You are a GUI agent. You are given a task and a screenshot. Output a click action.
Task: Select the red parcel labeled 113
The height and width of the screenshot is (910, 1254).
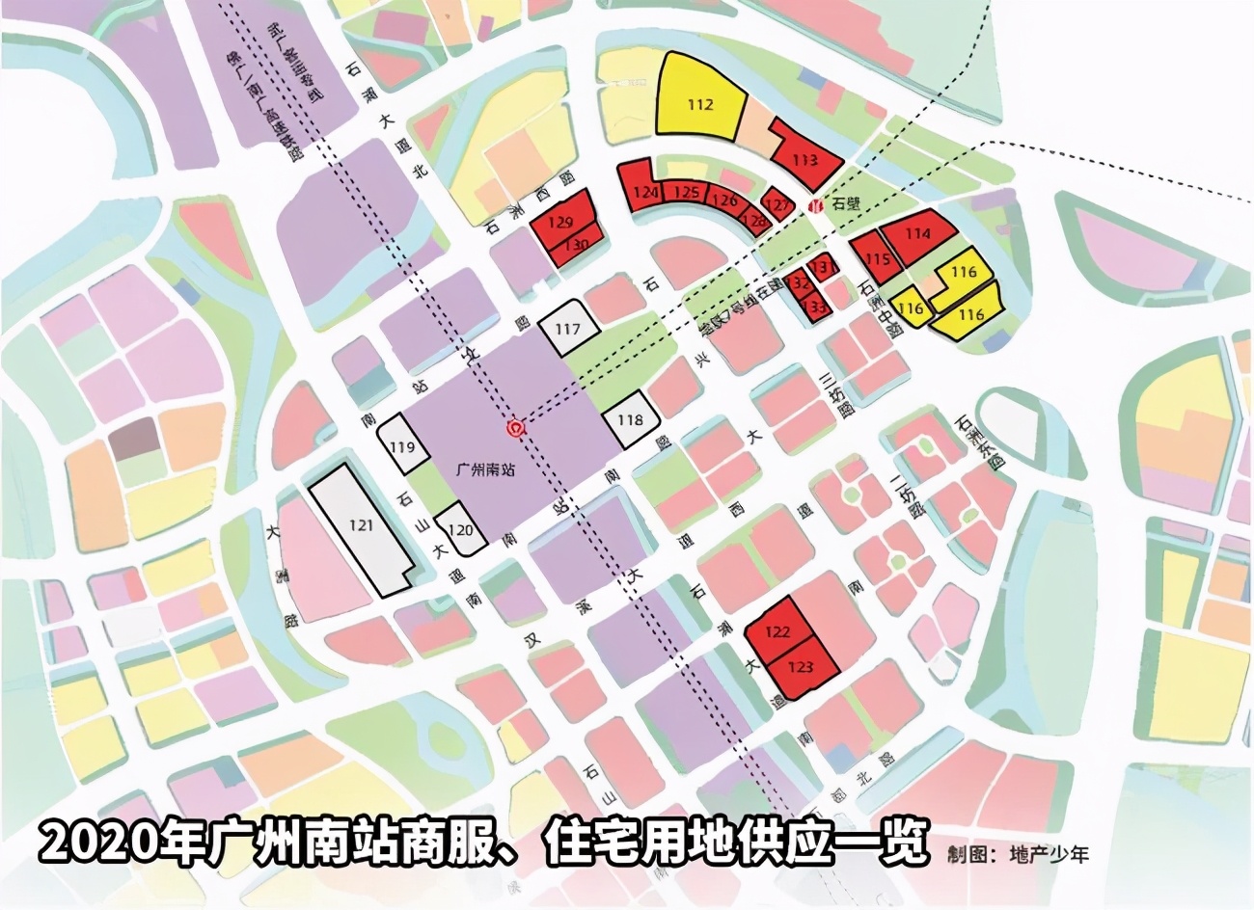[805, 156]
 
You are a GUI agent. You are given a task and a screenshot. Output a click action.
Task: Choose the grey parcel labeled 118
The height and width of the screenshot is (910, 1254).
[631, 420]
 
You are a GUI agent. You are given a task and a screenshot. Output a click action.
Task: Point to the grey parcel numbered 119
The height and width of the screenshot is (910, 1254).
[402, 445]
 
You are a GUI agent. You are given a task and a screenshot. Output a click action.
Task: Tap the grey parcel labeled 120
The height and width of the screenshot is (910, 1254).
[462, 530]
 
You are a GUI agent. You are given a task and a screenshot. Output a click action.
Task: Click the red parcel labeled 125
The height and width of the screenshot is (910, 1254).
[686, 193]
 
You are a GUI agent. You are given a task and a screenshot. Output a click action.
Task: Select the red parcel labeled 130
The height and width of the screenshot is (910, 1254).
[577, 246]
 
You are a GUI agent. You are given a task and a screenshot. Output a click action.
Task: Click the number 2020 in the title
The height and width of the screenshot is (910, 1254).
[89, 841]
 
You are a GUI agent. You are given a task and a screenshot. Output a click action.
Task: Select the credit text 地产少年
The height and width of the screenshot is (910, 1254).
[1048, 853]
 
